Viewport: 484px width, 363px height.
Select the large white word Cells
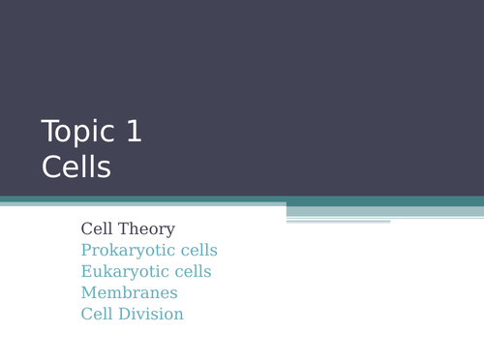point(76,167)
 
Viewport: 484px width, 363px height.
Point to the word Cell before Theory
point(98,229)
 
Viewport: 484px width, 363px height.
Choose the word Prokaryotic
point(124,251)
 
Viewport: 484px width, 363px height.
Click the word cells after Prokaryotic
point(194,251)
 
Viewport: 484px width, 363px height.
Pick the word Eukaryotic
point(121,272)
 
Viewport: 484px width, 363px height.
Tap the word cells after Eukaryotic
point(188,272)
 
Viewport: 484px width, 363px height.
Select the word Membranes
point(129,293)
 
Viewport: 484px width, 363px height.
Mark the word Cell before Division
point(98,315)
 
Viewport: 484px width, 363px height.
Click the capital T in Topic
point(50,132)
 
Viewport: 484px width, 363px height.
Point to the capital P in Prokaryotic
point(86,251)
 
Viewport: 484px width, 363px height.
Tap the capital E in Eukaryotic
point(86,272)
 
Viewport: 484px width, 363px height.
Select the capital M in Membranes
point(88,293)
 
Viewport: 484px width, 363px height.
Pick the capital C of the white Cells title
point(51,167)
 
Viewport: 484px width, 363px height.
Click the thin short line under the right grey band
point(338,222)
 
